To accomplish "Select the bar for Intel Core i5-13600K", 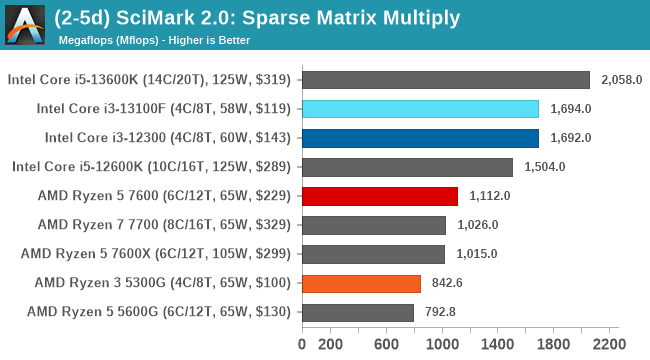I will point(445,80).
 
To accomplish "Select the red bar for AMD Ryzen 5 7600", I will point(379,196).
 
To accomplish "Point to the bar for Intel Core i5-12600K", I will point(406,167).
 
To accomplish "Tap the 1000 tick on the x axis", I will point(442,345).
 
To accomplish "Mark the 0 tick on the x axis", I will point(302,345).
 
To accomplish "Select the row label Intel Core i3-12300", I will point(168,138).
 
